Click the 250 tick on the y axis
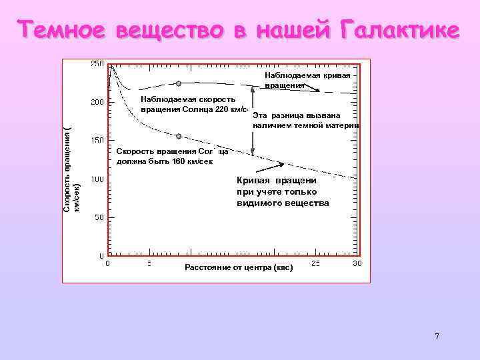(97, 64)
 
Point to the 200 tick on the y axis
(97, 103)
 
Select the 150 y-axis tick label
(97, 141)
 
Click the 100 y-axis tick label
(97, 179)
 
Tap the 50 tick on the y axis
(99, 217)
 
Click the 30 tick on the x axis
(357, 264)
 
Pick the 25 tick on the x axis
(315, 264)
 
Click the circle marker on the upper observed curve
(179, 83)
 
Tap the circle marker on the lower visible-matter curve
(179, 136)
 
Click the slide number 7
(437, 336)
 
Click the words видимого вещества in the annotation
(283, 203)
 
